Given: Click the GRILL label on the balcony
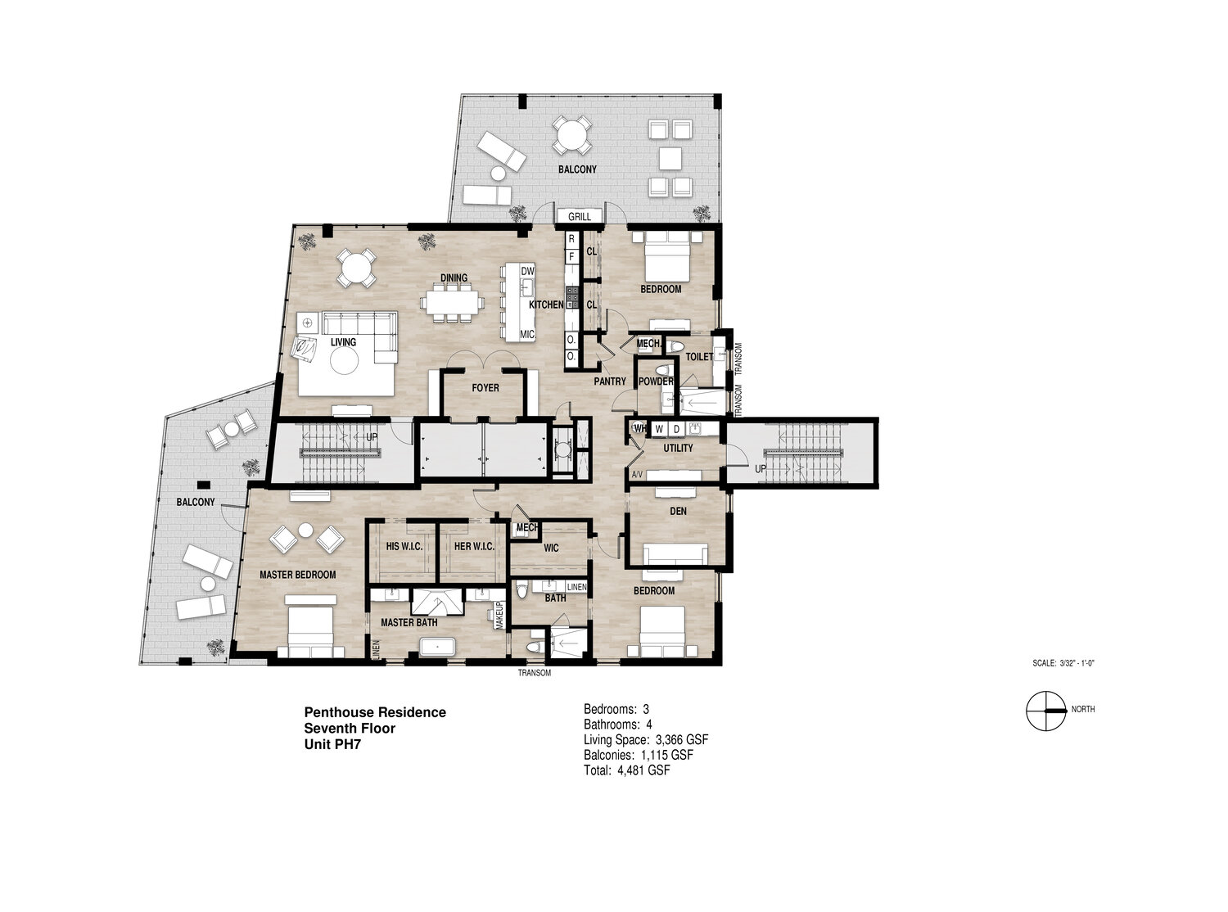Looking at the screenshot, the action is tap(579, 216).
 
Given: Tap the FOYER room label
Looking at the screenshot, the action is tap(485, 388).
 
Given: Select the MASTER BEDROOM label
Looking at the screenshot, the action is tap(298, 575).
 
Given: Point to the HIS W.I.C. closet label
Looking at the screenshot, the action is tap(404, 547).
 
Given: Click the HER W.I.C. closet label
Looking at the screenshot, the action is tap(474, 547).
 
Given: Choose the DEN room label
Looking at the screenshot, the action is tap(678, 511).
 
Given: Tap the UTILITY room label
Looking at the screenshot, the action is tap(678, 448).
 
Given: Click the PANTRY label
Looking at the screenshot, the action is tap(610, 382).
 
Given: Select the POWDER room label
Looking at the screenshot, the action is tap(656, 382).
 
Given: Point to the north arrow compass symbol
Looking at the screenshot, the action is tap(1046, 711).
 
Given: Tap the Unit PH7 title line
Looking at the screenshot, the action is tap(332, 744).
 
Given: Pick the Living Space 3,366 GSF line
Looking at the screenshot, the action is tap(646, 739).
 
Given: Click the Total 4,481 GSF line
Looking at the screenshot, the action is tap(627, 770).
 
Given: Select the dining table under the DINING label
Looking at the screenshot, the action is tap(453, 302).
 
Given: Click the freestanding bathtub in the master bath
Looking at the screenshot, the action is tap(437, 648).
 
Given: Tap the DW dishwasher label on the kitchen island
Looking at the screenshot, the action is tap(527, 271).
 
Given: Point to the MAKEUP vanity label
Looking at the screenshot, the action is tap(499, 615).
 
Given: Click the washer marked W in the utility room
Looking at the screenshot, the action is tap(659, 429).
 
